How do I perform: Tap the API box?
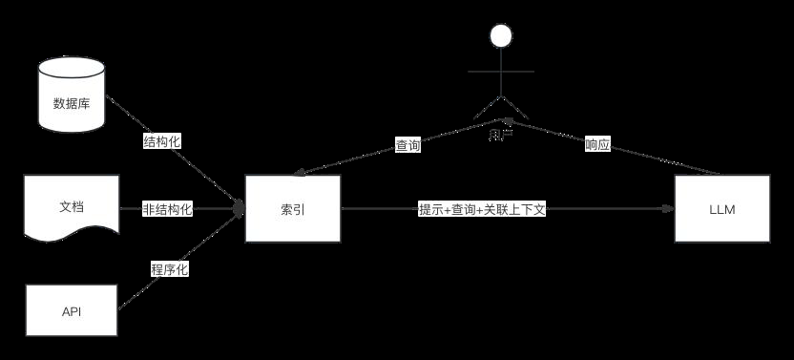click(73, 311)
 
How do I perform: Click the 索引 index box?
click(293, 209)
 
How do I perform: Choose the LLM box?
click(721, 209)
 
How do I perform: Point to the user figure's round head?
click(501, 37)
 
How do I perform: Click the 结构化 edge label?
click(161, 141)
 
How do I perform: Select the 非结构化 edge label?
click(168, 209)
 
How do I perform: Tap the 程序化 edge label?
click(169, 269)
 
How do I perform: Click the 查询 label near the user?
click(407, 146)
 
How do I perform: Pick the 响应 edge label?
click(597, 145)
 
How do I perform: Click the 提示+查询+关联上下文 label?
click(482, 209)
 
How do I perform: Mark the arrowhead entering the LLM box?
click(668, 209)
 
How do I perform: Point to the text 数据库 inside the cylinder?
click(72, 103)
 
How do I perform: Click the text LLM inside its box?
click(721, 209)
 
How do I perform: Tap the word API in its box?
click(73, 312)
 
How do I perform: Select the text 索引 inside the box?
click(293, 209)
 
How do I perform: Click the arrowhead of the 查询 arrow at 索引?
click(299, 174)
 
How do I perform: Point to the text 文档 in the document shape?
click(73, 206)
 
